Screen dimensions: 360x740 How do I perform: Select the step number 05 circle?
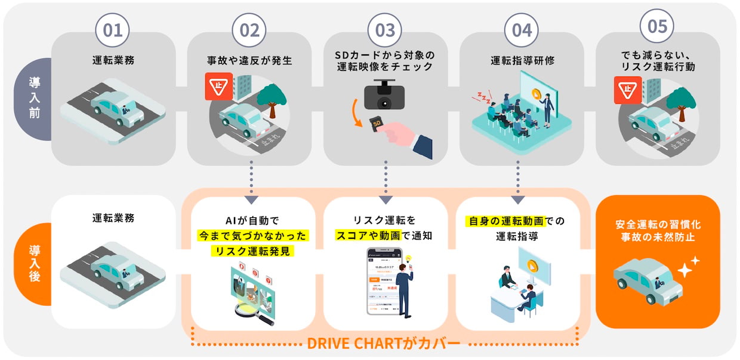click(x=657, y=27)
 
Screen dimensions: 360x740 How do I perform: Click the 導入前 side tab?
click(x=35, y=99)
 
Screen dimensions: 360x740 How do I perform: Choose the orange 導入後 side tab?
click(x=35, y=262)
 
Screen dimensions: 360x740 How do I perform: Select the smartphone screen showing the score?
click(x=383, y=281)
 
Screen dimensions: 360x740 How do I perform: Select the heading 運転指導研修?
click(x=522, y=60)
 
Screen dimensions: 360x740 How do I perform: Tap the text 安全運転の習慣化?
click(x=658, y=225)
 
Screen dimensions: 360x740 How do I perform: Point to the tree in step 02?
click(x=276, y=99)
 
